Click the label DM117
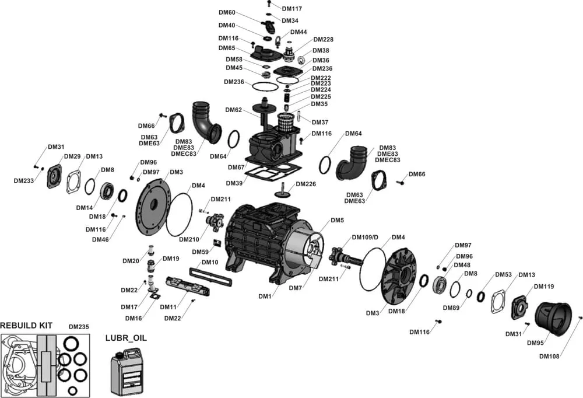[x=292, y=9]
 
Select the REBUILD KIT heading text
[x=26, y=325]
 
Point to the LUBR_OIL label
[x=126, y=337]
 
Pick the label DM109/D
[x=365, y=238]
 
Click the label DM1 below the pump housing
[x=265, y=296]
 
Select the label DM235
[x=79, y=327]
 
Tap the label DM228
[x=323, y=40]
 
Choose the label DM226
[x=305, y=184]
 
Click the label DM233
[x=24, y=181]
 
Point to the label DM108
[x=549, y=357]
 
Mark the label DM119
[x=545, y=287]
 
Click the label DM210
[x=189, y=239]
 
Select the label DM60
[x=227, y=13]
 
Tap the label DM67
[x=236, y=167]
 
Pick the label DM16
[x=134, y=318]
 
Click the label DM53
[x=503, y=274]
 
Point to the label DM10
[x=210, y=263]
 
